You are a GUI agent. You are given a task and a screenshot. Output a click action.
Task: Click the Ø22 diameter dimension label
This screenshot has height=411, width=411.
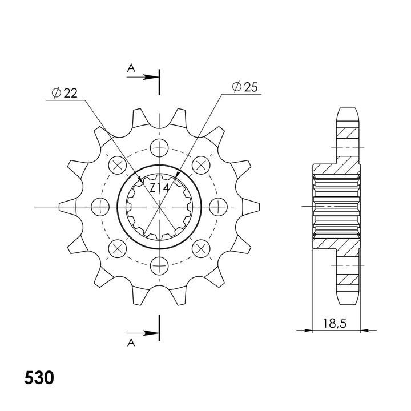(x=65, y=93)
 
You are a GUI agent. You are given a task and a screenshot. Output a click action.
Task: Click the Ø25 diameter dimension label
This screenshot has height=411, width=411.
(x=245, y=87)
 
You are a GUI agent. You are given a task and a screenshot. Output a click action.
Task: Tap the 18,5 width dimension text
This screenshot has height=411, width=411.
(x=335, y=323)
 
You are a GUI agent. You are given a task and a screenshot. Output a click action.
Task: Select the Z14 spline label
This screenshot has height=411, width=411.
(x=160, y=187)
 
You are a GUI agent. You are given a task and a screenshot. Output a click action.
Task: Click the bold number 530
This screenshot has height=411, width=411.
(x=39, y=378)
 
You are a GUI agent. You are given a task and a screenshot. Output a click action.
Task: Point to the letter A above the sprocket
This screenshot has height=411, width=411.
(x=131, y=68)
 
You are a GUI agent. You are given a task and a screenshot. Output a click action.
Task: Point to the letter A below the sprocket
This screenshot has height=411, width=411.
(x=131, y=343)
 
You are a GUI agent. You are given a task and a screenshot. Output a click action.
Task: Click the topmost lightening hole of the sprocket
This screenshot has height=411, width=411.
(x=159, y=148)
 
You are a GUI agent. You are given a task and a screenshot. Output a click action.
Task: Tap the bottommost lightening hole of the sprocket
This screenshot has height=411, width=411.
(x=159, y=266)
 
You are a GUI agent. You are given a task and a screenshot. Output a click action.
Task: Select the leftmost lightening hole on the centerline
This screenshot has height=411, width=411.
(x=100, y=207)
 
